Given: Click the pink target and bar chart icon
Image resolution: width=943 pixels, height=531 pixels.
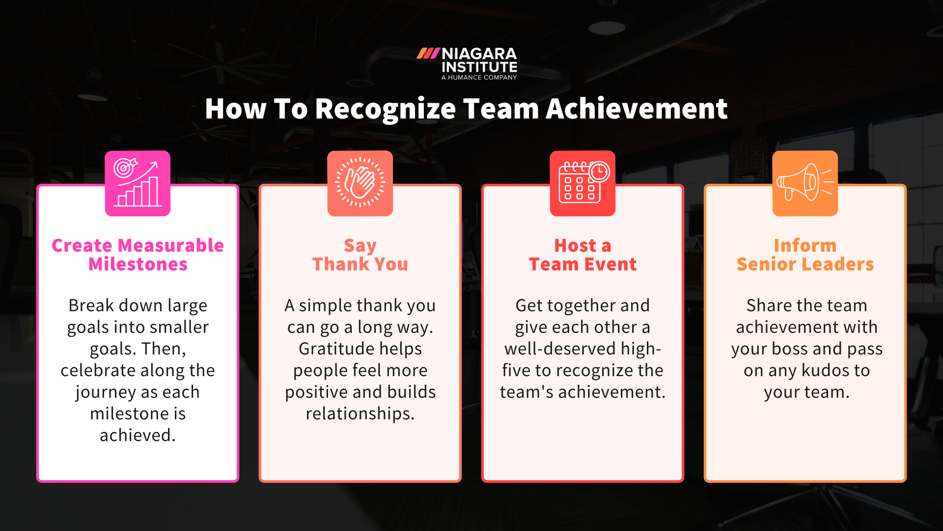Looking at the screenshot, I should coord(138,183).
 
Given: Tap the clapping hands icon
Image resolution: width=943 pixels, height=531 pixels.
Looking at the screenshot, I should coord(360,182).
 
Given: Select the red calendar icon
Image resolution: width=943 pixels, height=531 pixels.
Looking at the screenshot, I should coord(582,183).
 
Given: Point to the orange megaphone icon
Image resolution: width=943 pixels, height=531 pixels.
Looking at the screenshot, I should coord(805,183).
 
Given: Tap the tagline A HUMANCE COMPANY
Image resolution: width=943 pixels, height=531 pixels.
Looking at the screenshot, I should coord(479,77).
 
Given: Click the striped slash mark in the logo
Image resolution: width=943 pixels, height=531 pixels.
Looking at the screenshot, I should coord(428,53).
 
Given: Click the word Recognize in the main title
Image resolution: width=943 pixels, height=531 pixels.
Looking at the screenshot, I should coord(386,109).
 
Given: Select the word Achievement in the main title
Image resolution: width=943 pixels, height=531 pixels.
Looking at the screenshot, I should coord(637,109).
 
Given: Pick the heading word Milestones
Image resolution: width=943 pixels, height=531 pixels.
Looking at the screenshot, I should coord(138,265).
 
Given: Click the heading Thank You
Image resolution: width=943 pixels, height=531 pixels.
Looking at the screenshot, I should coord(360,265).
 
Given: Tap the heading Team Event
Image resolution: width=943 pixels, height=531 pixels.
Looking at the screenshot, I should coord(582,265).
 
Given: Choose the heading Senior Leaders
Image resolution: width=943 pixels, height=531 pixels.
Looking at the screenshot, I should coord(805,265).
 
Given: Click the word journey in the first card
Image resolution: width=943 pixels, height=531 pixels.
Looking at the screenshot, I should coord(106,392).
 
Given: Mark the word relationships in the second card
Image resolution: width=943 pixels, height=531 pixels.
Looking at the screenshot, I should coord(360,414).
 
